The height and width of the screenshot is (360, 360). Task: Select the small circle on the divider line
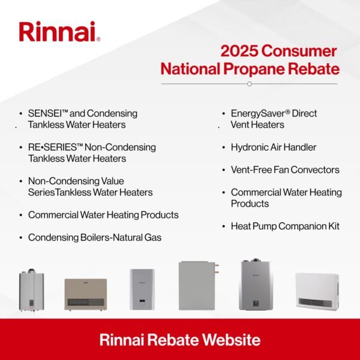tap(249, 84)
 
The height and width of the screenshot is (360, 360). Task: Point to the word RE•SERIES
tap(54, 148)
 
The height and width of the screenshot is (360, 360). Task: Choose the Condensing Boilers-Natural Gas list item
tap(95, 238)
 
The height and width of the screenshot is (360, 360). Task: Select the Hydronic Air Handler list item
tap(273, 147)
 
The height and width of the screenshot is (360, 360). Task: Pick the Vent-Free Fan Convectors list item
tap(285, 170)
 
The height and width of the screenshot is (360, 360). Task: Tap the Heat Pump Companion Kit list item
tap(285, 226)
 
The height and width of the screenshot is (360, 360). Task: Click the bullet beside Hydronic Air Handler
tap(224, 147)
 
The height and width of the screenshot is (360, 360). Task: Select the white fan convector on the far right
tap(317, 290)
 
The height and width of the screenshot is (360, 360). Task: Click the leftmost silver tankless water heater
tap(31, 290)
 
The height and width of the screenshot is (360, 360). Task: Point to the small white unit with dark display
tap(142, 289)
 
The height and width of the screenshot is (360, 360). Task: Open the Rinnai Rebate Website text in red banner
tap(180, 340)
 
